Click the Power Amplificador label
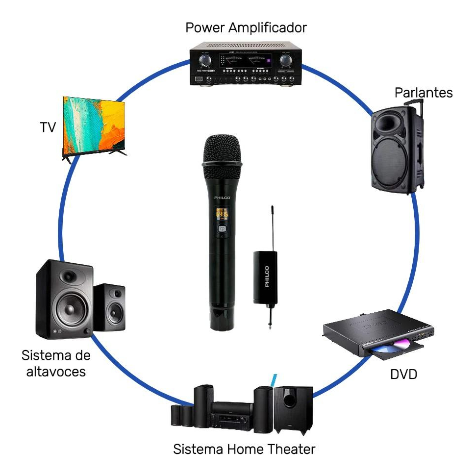246,27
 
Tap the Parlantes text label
424,92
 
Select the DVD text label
403,375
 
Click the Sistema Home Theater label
244,449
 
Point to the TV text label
48,127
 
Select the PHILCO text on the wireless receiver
267,277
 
